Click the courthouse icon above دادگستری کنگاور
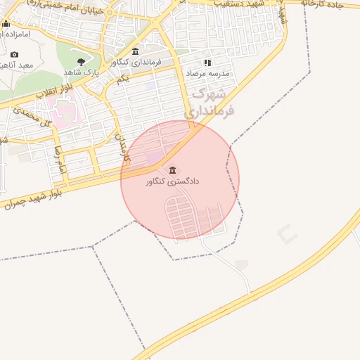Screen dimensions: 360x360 (173, 170)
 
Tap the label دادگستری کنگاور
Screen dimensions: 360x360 (173, 181)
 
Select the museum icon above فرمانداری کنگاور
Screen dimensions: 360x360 (136, 51)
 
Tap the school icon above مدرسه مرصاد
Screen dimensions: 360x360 (207, 62)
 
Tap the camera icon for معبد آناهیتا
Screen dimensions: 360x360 (15, 54)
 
